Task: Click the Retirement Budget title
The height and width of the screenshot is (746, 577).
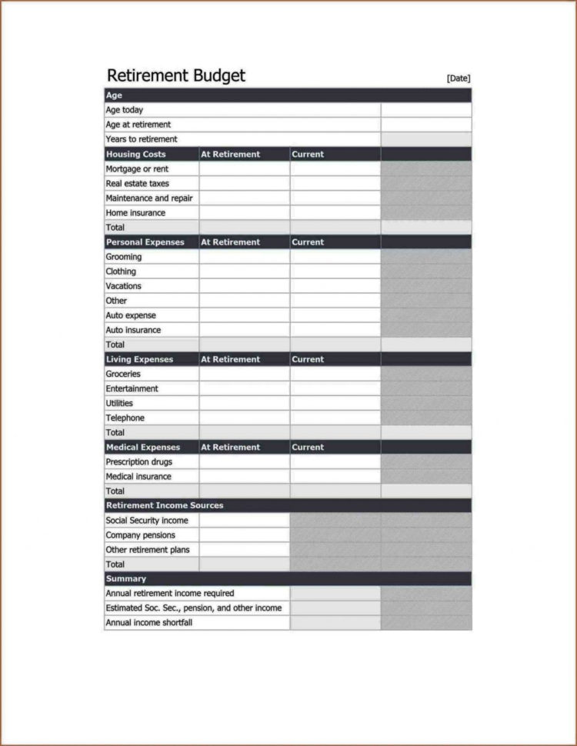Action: tap(176, 75)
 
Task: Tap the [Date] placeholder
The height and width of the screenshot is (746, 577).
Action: tap(458, 78)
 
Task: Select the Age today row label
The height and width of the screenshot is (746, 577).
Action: tap(125, 110)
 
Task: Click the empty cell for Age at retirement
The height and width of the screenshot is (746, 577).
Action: tap(425, 125)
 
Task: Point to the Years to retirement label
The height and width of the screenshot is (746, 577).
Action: tap(142, 139)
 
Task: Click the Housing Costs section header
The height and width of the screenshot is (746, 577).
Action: tap(135, 154)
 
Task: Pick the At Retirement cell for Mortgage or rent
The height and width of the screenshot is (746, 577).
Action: tap(244, 168)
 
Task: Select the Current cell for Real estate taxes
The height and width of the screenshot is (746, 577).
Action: tap(335, 183)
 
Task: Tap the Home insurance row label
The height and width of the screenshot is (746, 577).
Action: tap(135, 213)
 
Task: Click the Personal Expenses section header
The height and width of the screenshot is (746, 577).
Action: tap(145, 241)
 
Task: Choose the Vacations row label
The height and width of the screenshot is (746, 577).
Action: tap(124, 286)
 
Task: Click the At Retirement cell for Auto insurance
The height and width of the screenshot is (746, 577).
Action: tap(244, 330)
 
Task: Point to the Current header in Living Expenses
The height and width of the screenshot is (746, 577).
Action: tap(308, 359)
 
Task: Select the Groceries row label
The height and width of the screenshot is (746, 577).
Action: tap(123, 374)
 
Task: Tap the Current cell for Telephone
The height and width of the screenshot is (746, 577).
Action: tap(335, 418)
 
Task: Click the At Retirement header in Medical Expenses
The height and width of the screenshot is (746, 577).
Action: tap(231, 447)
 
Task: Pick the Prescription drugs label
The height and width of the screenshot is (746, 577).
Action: tap(139, 461)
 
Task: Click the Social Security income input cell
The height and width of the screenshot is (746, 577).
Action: tap(244, 520)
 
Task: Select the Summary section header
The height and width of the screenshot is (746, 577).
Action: tap(126, 578)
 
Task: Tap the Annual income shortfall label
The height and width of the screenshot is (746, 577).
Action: tap(149, 622)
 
